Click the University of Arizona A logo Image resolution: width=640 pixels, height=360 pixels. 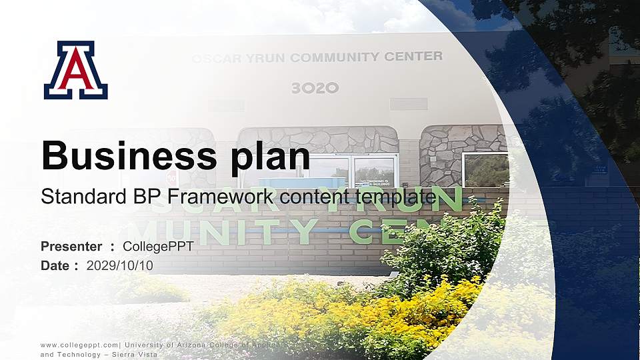pyautogui.click(x=76, y=71)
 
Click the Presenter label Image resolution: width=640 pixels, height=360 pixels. pyautogui.click(x=71, y=247)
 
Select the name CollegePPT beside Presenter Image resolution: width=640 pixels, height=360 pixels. pyautogui.click(x=158, y=247)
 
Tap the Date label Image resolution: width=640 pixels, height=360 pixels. pyautogui.click(x=55, y=265)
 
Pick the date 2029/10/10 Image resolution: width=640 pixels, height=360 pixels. pyautogui.click(x=120, y=265)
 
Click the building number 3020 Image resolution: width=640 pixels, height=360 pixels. pyautogui.click(x=315, y=88)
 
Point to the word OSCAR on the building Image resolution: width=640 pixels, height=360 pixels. pyautogui.click(x=213, y=59)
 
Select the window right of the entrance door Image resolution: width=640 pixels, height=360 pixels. pyautogui.click(x=486, y=169)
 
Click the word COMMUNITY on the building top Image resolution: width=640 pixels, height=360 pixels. pyautogui.click(x=336, y=57)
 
